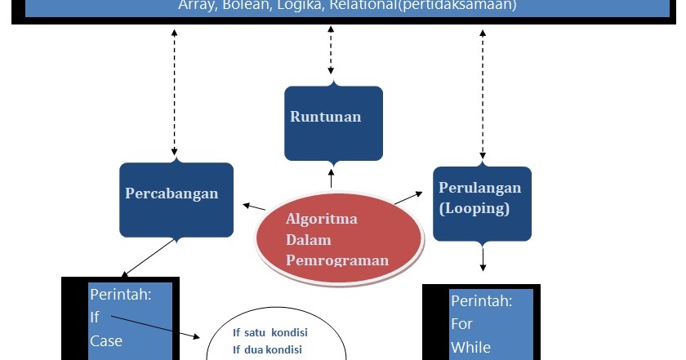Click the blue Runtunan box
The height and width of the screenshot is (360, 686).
[x=333, y=122]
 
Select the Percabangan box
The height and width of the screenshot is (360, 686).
[x=176, y=198]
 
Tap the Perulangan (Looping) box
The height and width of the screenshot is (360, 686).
[x=482, y=202]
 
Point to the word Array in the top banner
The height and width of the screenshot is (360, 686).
[x=195, y=5]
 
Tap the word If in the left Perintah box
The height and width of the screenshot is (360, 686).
[x=95, y=317]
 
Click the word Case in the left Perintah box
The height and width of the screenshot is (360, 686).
[x=106, y=340]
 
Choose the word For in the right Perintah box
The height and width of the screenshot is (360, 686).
[x=462, y=323]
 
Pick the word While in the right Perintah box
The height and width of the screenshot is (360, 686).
[x=470, y=347]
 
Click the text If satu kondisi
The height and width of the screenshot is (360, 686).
[x=267, y=333]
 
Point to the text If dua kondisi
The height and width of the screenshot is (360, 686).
[x=267, y=350]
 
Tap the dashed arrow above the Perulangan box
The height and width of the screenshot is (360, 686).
[x=483, y=93]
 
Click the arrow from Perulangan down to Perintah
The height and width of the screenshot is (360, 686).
[x=483, y=256]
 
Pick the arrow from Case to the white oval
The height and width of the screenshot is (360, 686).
[x=155, y=327]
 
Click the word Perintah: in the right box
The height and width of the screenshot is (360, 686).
[x=482, y=300]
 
